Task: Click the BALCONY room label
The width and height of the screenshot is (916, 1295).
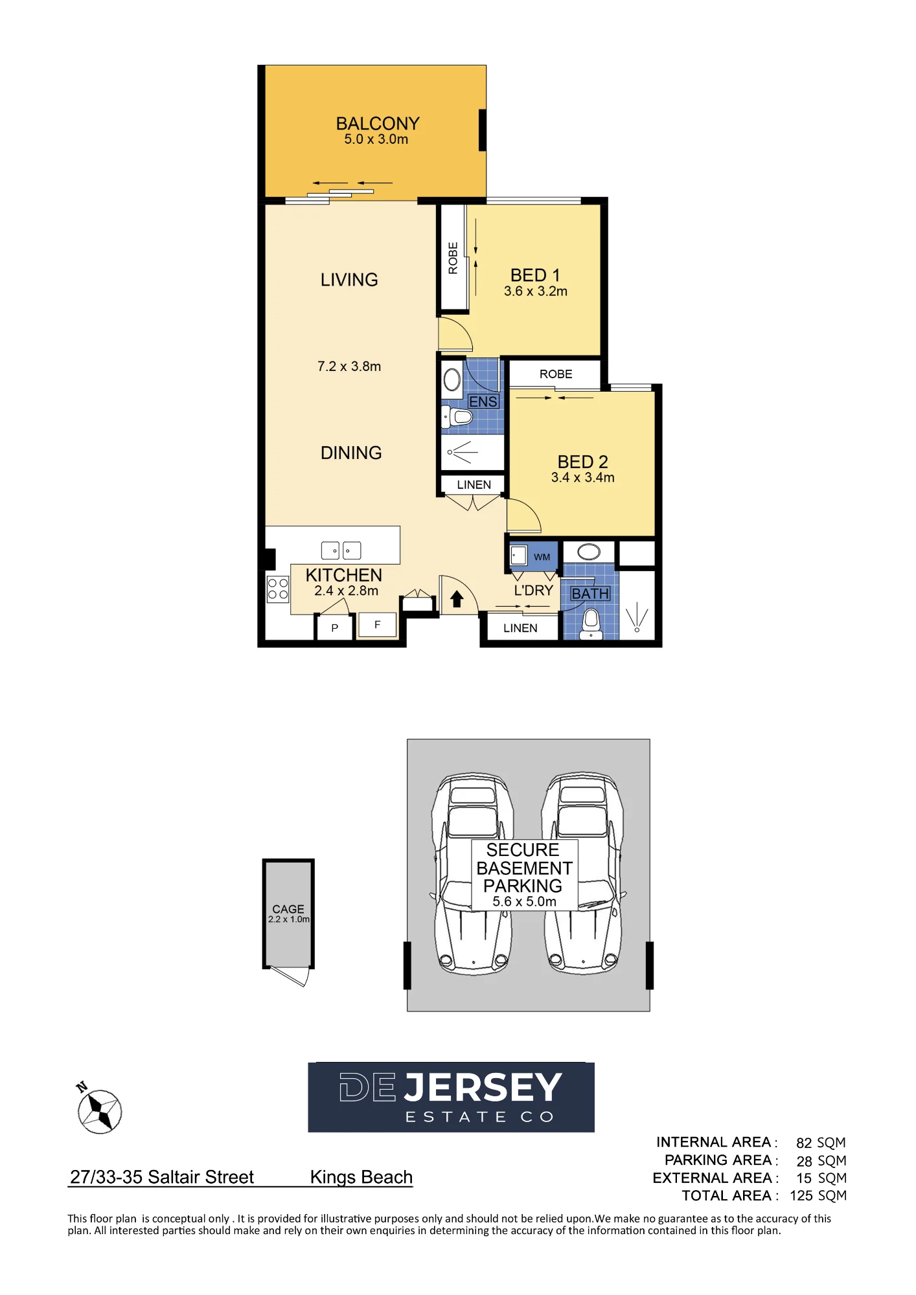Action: click(x=378, y=123)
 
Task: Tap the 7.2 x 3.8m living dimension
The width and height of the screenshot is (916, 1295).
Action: click(x=349, y=366)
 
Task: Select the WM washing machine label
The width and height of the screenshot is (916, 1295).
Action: click(x=542, y=557)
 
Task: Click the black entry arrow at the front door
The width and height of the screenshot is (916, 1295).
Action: click(x=457, y=599)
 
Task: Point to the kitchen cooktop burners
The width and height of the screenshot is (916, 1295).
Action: click(x=278, y=589)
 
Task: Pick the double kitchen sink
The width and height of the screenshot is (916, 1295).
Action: click(x=341, y=550)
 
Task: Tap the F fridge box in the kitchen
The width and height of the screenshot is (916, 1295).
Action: click(x=377, y=625)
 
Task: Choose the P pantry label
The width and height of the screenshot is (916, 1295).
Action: click(x=335, y=628)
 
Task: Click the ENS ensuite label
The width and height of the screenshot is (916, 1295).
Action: click(x=483, y=401)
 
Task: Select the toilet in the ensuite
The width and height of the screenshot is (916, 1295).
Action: click(x=458, y=416)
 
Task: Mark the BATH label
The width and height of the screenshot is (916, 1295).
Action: click(x=590, y=594)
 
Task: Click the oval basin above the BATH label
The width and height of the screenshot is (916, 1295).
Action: click(x=589, y=552)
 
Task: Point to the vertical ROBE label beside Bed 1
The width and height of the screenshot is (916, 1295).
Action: click(x=453, y=258)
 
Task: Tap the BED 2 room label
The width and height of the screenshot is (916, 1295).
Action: click(x=583, y=462)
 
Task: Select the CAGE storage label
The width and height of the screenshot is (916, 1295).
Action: click(x=288, y=909)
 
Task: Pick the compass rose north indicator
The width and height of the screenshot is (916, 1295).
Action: click(x=99, y=1110)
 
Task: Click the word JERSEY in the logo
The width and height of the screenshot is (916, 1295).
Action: click(x=483, y=1087)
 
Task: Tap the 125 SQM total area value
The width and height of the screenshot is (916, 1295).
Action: click(x=818, y=1196)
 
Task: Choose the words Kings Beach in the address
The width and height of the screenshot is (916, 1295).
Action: click(x=361, y=1177)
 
